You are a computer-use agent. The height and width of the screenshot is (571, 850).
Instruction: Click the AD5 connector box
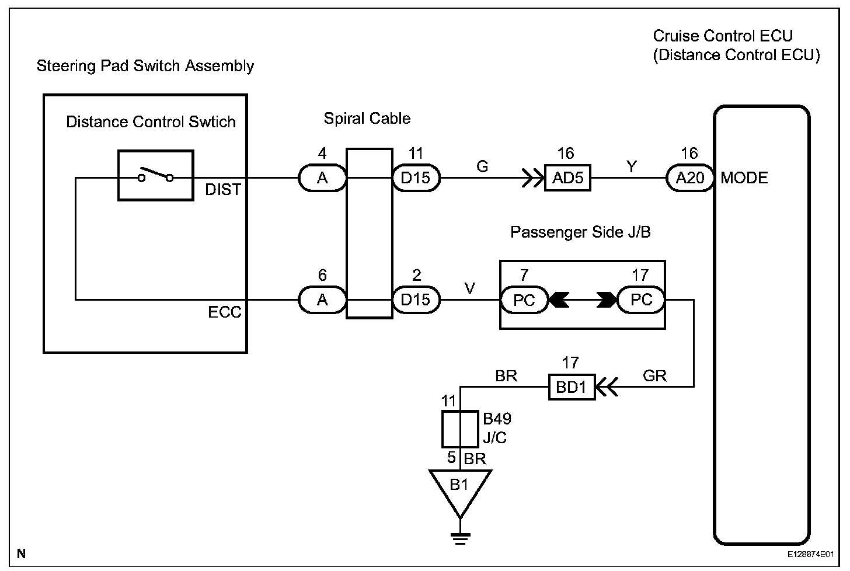[567, 178]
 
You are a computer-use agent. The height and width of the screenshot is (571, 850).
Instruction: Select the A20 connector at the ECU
[689, 178]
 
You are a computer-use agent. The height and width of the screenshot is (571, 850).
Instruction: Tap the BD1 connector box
[571, 387]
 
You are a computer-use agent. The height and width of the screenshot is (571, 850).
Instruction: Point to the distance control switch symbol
[155, 176]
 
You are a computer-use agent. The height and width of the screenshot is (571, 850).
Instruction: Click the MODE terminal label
[744, 178]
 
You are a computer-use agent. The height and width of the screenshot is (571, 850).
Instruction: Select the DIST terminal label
[223, 190]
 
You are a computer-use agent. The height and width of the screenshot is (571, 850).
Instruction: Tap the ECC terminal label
[224, 312]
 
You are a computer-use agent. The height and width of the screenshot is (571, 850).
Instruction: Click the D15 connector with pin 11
[415, 178]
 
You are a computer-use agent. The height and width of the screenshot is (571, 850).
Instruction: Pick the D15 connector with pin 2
[415, 300]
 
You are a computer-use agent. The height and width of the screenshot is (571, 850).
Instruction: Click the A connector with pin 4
[322, 178]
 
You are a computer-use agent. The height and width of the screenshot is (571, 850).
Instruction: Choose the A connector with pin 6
[322, 300]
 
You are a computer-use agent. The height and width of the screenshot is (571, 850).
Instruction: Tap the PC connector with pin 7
[524, 300]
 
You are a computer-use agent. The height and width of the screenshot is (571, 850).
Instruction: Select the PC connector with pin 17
[641, 300]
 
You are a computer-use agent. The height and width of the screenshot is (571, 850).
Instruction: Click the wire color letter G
[482, 167]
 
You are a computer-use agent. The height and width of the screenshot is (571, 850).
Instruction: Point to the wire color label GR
[654, 376]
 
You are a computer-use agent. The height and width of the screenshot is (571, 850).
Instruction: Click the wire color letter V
[469, 288]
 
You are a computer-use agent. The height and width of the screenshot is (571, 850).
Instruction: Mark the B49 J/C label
[496, 428]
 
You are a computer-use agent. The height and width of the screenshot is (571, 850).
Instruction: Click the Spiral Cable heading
[367, 119]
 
